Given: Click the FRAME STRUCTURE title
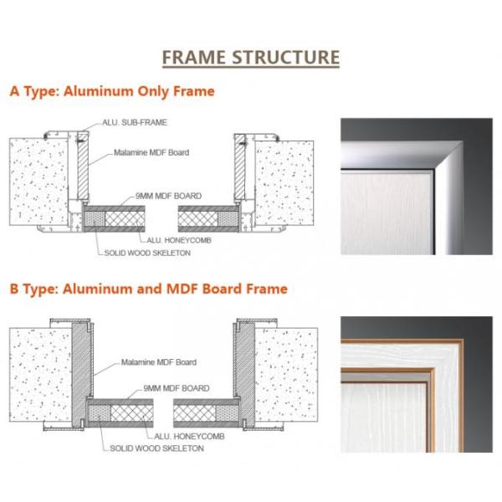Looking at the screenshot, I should pos(250,57).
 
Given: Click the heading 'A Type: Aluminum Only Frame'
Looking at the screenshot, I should pos(111,91).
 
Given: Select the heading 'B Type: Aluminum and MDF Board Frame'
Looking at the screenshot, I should pos(148,289).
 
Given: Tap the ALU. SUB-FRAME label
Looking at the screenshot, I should pos(135,122).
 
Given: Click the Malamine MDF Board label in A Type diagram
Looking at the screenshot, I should pos(151,154).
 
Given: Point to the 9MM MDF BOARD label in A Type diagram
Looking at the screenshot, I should pos(168,196).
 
